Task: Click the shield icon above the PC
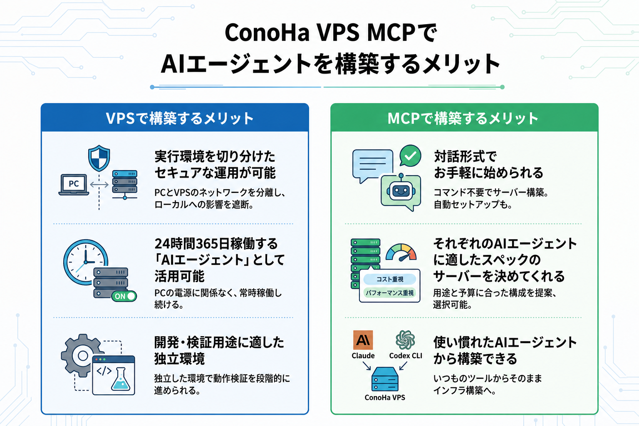tap(99, 158)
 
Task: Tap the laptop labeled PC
tap(74, 185)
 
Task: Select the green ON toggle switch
tap(124, 296)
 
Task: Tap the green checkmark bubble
tap(410, 156)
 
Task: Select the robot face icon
tap(401, 190)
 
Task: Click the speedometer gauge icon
tap(401, 252)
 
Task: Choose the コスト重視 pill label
tap(390, 279)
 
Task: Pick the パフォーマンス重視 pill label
tap(390, 293)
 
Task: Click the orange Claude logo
tap(363, 340)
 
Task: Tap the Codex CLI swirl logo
tap(405, 340)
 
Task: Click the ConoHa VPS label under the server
tap(385, 397)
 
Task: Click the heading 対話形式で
tap(465, 157)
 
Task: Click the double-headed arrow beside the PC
tap(99, 185)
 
